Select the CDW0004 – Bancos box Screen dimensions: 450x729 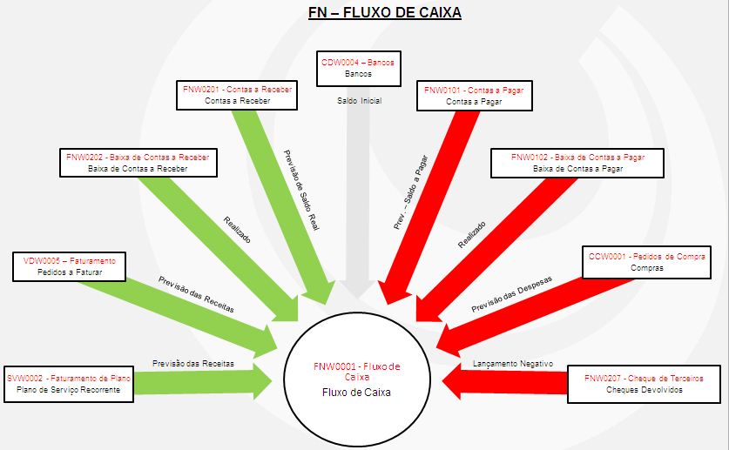[358, 69]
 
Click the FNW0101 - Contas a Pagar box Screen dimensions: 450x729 [474, 95]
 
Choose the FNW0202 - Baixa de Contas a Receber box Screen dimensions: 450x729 [139, 163]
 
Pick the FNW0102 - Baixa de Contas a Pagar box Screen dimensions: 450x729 [577, 163]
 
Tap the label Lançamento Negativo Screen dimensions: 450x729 [512, 363]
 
